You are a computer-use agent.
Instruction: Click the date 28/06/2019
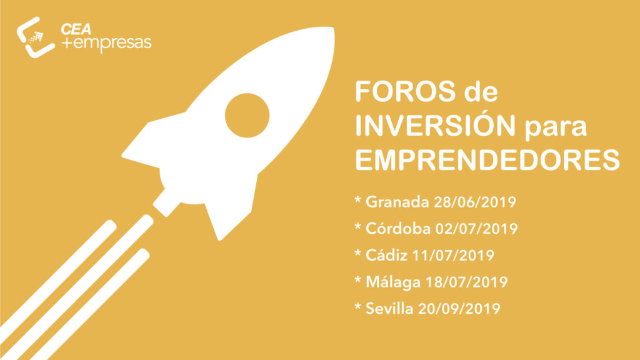(x=475, y=202)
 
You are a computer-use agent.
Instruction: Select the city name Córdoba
(x=398, y=229)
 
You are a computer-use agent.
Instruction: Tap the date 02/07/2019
(x=476, y=229)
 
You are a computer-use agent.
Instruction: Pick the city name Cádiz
(x=386, y=255)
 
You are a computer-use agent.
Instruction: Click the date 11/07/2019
(x=453, y=256)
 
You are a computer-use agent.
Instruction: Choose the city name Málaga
(x=392, y=282)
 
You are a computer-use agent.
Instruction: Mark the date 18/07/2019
(x=466, y=282)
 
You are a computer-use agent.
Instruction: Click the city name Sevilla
(x=389, y=309)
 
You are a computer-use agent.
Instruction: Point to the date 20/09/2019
(x=459, y=309)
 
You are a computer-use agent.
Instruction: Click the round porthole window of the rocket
(x=247, y=116)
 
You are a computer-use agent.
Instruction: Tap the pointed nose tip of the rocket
(x=332, y=29)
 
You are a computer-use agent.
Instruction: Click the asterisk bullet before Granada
(x=358, y=199)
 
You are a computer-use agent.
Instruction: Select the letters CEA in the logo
(x=76, y=29)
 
